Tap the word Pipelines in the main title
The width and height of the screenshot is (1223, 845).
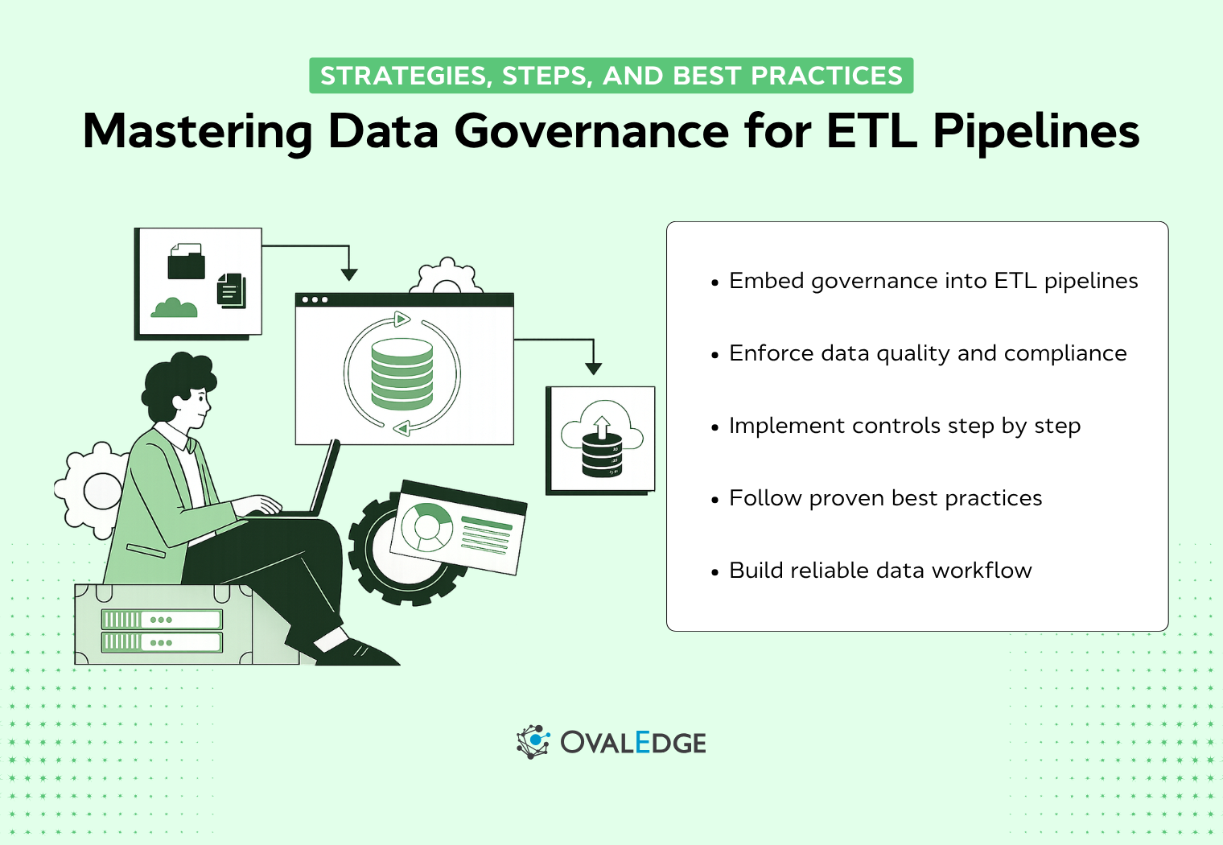1036,130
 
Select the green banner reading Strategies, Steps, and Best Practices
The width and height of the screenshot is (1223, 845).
611,76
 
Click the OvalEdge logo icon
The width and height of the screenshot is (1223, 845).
533,741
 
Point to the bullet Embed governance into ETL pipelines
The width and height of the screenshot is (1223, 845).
933,281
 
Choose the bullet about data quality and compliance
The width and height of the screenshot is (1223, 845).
927,353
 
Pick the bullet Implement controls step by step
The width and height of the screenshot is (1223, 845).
904,426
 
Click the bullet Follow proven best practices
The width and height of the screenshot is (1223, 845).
885,498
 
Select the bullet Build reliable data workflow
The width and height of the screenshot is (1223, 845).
880,571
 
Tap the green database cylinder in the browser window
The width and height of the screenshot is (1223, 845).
401,374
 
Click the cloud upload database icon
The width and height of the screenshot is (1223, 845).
602,439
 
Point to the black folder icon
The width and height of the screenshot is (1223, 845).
186,262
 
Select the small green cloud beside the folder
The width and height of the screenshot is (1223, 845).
174,307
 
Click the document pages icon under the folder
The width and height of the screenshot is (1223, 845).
232,291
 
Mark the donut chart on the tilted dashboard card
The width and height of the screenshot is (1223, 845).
426,526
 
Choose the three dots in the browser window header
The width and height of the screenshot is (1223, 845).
314,300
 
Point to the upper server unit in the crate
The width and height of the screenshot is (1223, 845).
161,620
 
